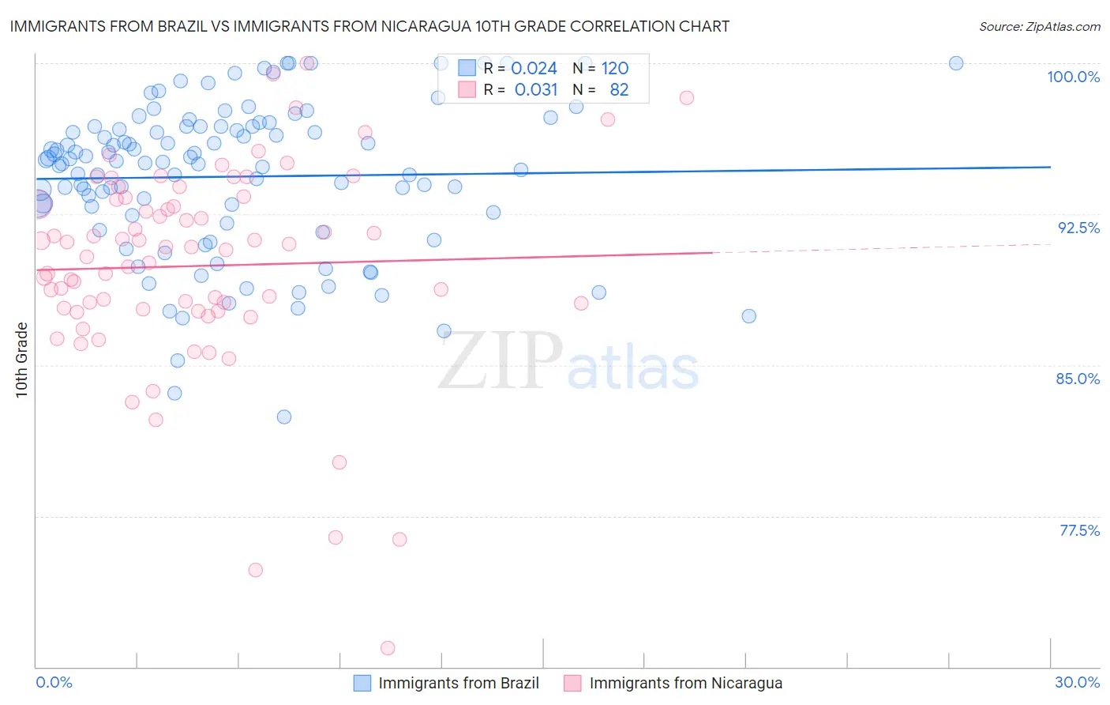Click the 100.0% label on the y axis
(1073, 77)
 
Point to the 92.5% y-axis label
(1078, 228)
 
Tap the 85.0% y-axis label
(1078, 379)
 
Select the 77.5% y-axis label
(1079, 530)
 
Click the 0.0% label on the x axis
(54, 682)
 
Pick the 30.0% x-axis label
(1077, 682)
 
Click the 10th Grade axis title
(22, 360)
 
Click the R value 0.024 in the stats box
(535, 69)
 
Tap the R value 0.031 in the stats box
(535, 90)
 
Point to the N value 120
(615, 69)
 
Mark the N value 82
(619, 90)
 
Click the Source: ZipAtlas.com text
(1039, 27)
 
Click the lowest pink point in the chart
(388, 648)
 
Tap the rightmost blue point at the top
(956, 63)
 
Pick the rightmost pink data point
(687, 98)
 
